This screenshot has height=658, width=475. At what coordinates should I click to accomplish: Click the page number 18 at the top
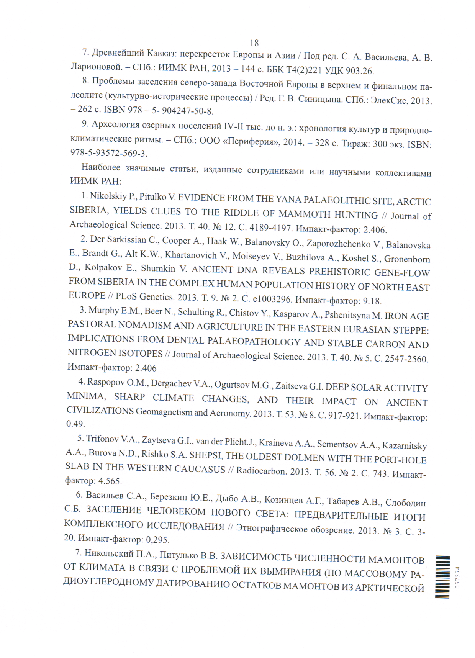click(254, 43)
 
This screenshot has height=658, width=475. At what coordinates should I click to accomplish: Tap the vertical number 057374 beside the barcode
click(457, 577)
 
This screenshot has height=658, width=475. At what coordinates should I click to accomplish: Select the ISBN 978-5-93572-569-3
click(108, 153)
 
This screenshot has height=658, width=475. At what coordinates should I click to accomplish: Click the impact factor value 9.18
click(372, 301)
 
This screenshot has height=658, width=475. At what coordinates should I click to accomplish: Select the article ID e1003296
click(272, 299)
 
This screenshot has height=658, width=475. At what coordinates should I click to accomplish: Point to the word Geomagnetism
click(164, 412)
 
